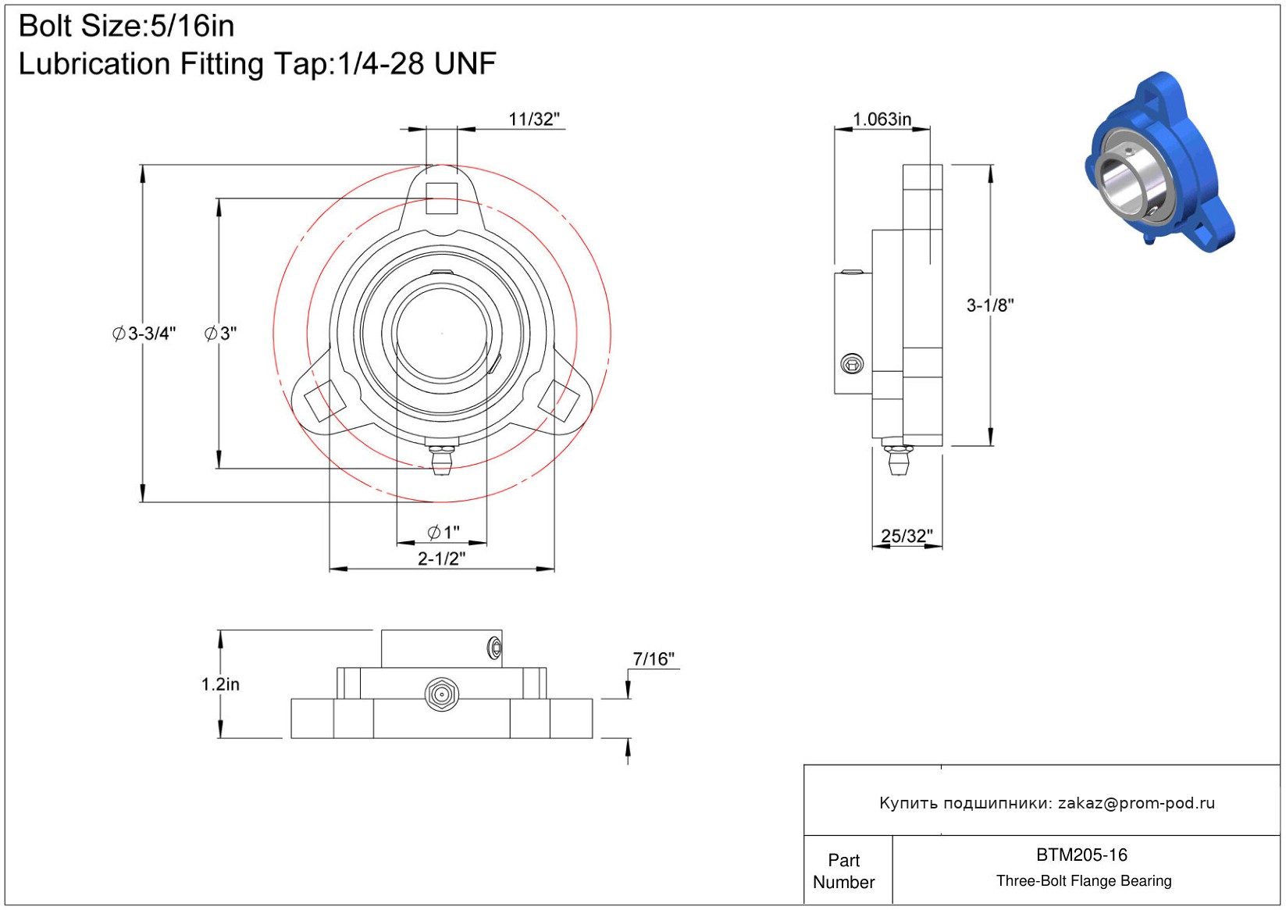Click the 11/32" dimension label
534,120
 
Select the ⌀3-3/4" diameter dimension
144,334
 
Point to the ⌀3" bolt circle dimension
220,334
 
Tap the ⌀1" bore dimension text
444,533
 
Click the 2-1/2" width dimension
441,558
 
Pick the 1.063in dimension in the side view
882,120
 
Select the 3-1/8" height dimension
990,305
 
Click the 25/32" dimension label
907,536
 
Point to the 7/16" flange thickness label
654,659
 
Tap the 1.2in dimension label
220,684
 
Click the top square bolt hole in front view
441,198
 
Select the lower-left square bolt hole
321,400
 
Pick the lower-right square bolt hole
559,400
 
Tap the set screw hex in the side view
852,363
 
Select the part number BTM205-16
1081,855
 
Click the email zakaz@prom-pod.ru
1136,803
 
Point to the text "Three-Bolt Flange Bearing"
1084,881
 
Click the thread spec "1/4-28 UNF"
416,64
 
